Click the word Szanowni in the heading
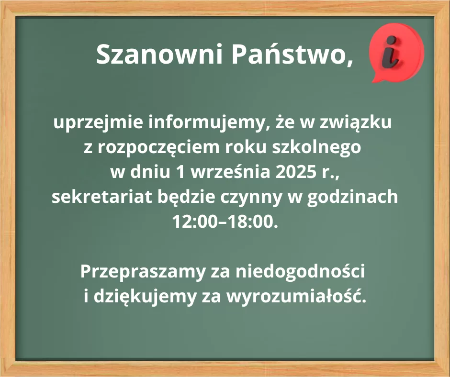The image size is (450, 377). coord(159,54)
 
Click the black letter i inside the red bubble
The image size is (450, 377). coord(390,52)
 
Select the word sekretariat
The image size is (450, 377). coord(102,197)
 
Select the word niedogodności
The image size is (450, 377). coord(300,271)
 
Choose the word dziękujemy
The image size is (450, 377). coord(145,297)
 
